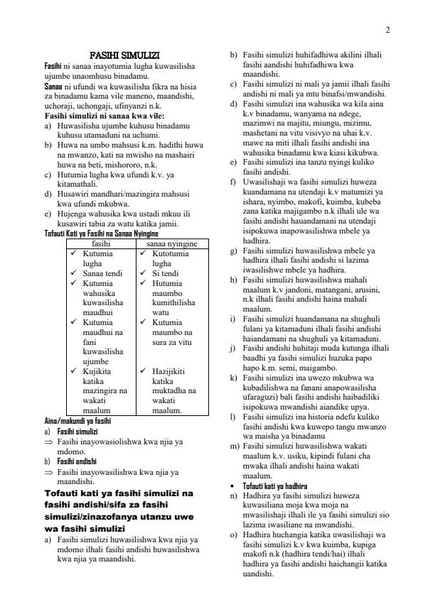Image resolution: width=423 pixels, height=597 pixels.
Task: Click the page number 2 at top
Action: tap(387, 30)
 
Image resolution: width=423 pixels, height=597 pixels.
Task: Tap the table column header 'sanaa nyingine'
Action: tap(171, 243)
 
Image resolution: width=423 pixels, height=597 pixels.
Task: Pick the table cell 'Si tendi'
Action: tap(164, 272)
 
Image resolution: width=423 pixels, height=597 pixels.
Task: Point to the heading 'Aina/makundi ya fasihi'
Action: tap(77, 420)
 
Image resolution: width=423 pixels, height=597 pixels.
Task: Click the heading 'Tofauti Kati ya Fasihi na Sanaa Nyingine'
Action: tap(101, 234)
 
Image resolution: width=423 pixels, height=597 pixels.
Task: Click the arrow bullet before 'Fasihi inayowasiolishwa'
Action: tap(48, 442)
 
